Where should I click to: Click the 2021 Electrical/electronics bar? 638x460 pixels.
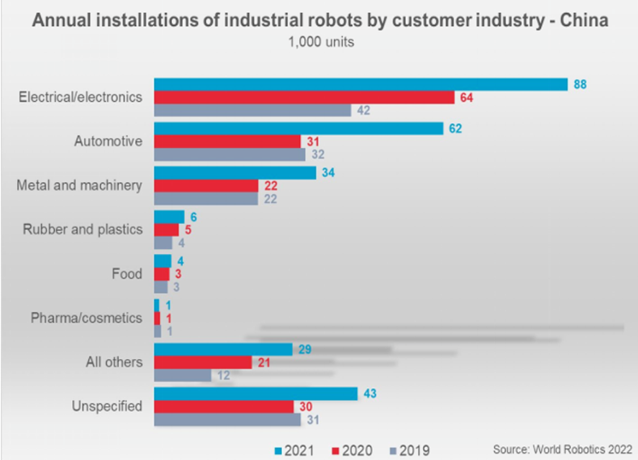pos(361,84)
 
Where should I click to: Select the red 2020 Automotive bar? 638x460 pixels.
pos(226,141)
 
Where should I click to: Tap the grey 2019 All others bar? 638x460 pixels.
pos(183,376)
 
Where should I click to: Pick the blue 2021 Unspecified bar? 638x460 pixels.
pos(256,394)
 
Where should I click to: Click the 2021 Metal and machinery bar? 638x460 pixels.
pos(234,172)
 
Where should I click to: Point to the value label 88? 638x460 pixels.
pos(580,84)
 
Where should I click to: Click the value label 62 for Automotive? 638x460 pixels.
pos(456,128)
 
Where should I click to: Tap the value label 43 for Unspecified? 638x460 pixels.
pos(370,394)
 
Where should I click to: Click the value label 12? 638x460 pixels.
pos(224,376)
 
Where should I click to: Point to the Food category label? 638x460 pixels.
pos(127,274)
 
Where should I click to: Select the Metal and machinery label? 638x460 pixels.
pos(79,185)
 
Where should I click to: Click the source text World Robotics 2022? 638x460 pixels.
pos(562,448)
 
